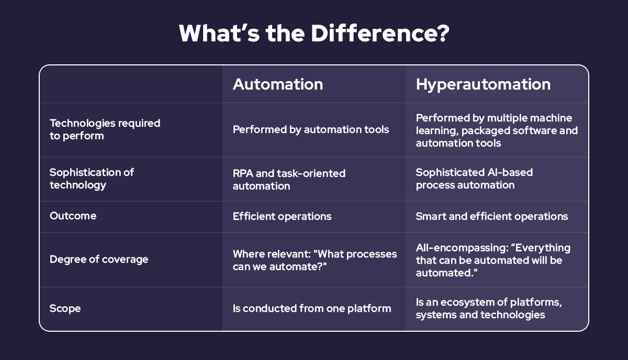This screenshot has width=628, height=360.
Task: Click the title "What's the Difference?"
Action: point(314,33)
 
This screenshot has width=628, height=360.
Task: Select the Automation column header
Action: point(277,84)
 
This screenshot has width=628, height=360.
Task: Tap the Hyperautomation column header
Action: point(483,84)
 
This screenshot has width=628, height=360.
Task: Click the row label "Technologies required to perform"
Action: point(105,129)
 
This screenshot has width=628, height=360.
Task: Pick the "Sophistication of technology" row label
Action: point(92,178)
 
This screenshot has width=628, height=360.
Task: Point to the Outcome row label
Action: point(73,216)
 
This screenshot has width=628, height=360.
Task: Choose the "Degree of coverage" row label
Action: point(99,260)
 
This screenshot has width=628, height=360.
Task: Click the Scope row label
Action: point(65,309)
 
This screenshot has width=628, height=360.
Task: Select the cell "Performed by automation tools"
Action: point(311,129)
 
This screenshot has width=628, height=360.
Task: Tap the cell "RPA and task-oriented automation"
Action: point(289,178)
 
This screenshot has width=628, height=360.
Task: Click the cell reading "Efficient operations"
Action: point(282,216)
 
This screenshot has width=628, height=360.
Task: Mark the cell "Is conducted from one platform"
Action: point(312,309)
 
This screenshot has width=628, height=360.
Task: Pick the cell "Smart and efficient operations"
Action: point(492,216)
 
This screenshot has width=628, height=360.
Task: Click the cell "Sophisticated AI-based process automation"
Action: point(474,178)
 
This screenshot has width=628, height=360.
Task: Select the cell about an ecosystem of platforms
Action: point(488,309)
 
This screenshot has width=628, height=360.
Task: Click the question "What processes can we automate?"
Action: point(315,260)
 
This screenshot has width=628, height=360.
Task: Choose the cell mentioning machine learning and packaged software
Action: point(497,130)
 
